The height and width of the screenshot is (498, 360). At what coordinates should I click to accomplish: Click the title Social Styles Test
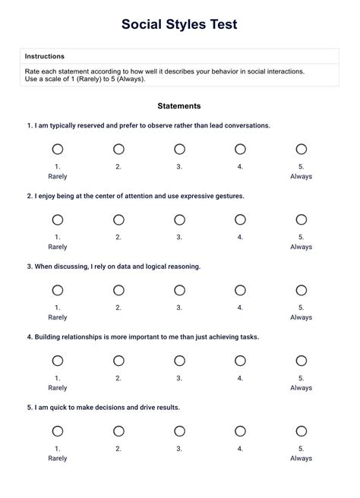point(179,25)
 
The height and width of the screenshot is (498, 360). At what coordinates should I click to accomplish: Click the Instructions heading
point(44,56)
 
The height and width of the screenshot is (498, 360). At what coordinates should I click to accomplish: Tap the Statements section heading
point(179,106)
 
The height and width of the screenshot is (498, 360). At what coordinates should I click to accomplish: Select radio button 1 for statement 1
point(58,150)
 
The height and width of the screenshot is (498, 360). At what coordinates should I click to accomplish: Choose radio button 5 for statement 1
point(301,150)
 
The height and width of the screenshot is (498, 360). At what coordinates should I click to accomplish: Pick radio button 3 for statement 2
point(179,220)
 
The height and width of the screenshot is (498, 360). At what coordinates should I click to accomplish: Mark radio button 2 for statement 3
point(118,290)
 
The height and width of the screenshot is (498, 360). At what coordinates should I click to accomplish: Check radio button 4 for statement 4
point(240,361)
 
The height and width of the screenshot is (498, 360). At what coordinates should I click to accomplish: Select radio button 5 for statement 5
point(301,431)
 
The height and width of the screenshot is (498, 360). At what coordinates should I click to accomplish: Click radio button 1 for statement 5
point(58,431)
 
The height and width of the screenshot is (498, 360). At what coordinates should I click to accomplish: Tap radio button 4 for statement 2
point(240,220)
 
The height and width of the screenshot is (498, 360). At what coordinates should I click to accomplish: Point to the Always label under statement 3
point(301,317)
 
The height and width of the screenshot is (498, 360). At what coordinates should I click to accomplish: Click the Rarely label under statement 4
point(58,388)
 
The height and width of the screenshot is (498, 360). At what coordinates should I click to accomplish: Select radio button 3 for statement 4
point(179,361)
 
